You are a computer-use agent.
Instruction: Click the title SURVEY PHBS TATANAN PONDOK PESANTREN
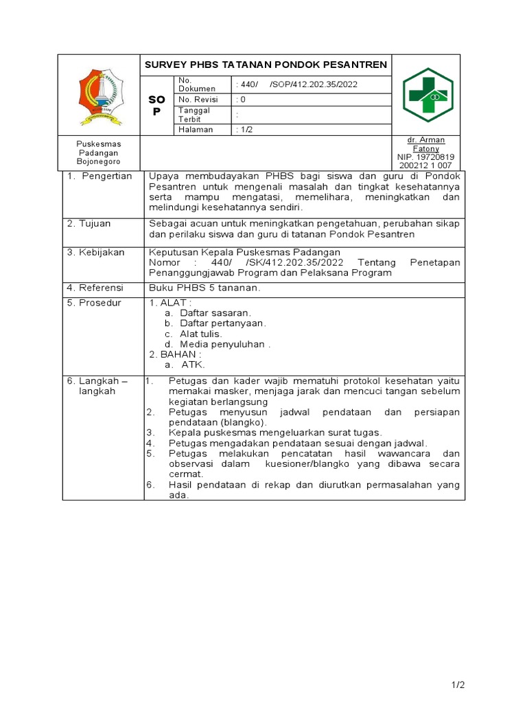coord(266,65)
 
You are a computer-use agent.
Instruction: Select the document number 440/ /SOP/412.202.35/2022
coord(296,84)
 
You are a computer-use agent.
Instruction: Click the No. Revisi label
coord(198,99)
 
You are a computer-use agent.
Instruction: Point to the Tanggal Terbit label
coord(194,115)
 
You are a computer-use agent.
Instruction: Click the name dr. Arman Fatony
coord(426,144)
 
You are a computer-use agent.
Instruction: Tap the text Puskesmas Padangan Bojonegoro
coord(98,152)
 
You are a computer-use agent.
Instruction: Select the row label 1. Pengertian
coord(99,176)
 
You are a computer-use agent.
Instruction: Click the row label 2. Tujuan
coord(89,224)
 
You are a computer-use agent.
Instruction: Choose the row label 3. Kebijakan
coord(96,252)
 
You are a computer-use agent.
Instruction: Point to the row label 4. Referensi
coord(96,288)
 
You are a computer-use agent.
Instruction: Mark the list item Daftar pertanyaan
coord(222,323)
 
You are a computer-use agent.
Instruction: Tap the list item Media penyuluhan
coord(224,344)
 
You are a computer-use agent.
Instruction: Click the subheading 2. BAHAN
coord(176,354)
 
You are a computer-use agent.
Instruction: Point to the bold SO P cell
coord(157,106)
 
